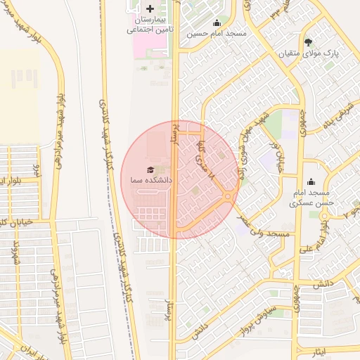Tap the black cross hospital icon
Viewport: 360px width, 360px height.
(150, 8)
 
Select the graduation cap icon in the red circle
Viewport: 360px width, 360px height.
(150, 170)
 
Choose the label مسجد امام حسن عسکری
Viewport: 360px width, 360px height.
(312, 198)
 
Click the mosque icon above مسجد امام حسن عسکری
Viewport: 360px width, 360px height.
(311, 182)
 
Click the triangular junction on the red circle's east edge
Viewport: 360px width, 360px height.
(229, 198)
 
